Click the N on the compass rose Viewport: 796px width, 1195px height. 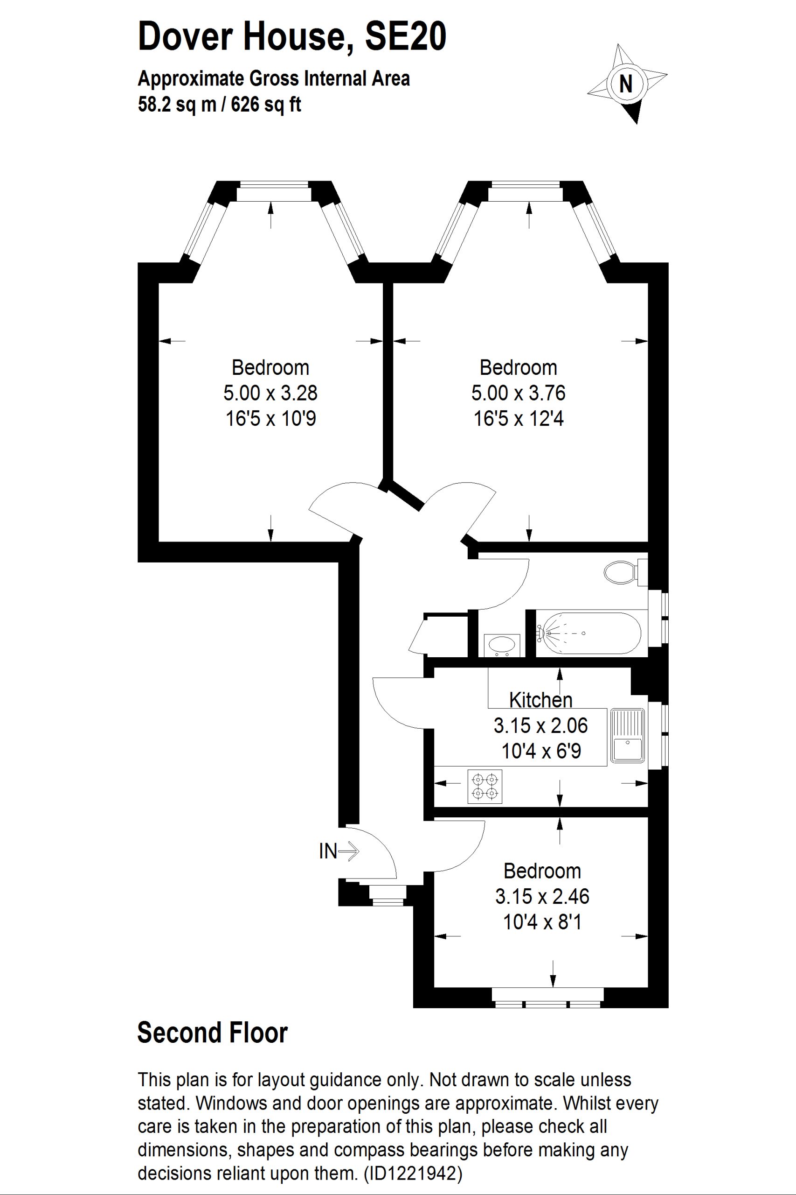pos(626,84)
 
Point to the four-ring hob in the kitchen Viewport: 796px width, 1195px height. pos(485,787)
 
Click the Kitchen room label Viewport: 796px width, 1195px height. pos(540,700)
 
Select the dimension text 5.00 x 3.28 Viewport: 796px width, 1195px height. pos(270,393)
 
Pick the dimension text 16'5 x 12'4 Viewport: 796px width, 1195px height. pos(519,419)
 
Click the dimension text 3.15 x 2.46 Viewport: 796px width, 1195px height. pos(542,896)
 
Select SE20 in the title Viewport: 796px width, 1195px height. pos(405,36)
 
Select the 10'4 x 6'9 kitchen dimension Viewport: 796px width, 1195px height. pos(541,751)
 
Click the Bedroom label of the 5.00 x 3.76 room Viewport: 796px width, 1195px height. pos(519,367)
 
